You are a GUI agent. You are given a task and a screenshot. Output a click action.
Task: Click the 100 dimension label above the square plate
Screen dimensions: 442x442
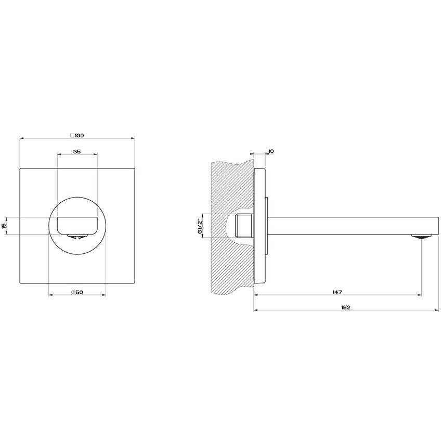[x=80, y=135]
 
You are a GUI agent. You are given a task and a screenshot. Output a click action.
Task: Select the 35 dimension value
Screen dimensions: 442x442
[x=77, y=151]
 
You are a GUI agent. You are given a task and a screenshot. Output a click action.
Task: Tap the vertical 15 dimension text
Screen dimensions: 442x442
[x=4, y=226]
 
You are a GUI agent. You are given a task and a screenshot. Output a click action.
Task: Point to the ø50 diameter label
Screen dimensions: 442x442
[x=77, y=292]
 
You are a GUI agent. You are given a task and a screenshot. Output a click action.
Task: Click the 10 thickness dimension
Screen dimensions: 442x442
[x=271, y=151]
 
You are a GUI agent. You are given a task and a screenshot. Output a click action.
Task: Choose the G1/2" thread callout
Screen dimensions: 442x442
[x=200, y=226]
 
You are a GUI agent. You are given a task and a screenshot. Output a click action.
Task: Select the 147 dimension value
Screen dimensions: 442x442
[x=337, y=292]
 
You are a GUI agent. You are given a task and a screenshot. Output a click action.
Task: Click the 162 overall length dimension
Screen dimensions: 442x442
[x=346, y=307]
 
